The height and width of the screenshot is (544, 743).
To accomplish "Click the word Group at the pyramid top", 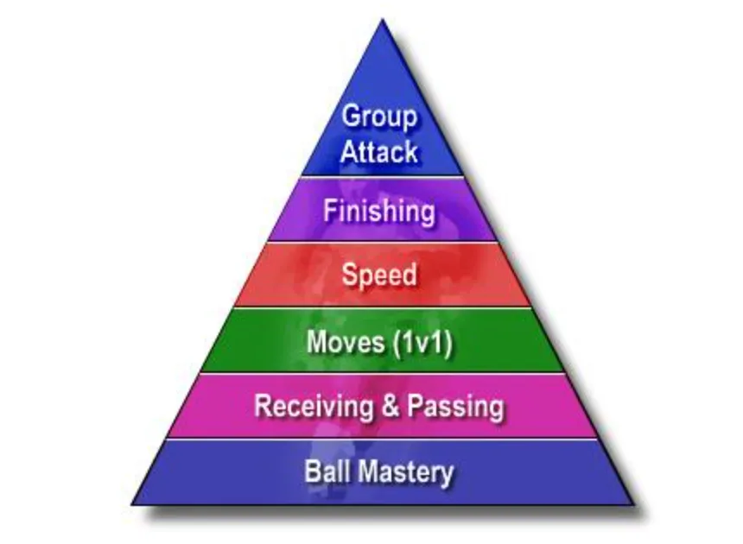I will point(378,116).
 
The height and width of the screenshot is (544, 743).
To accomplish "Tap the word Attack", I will point(378,152).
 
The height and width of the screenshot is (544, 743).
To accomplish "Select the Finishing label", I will point(378,211).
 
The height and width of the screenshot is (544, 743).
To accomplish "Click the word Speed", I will point(378,275).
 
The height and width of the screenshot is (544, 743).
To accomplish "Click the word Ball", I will point(324,472).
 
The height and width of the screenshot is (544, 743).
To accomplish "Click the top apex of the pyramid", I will point(380,21).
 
